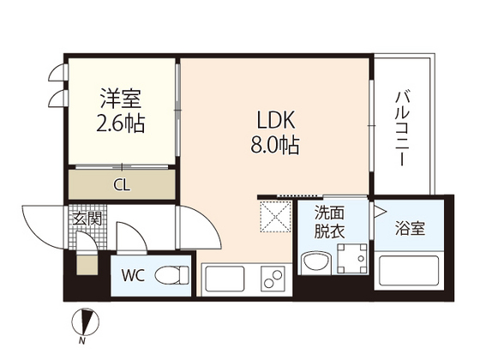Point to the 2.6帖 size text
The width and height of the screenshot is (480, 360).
point(118,123)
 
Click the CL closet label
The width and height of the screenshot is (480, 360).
point(123,183)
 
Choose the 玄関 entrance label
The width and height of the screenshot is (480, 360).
point(89,219)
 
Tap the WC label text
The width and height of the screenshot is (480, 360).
point(133,276)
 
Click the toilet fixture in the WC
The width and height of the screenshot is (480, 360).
point(175,276)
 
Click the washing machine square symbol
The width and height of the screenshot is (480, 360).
point(352,258)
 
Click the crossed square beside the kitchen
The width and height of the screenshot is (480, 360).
point(275,216)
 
